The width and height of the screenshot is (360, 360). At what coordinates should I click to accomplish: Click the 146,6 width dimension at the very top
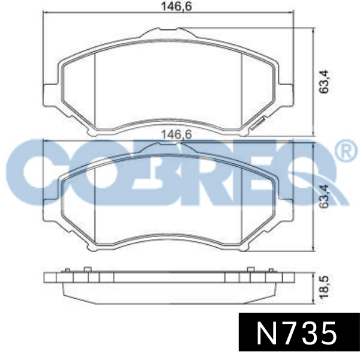(176, 6)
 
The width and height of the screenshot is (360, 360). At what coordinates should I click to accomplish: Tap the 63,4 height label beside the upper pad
(324, 82)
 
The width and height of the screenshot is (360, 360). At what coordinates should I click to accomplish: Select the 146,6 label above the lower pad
(176, 134)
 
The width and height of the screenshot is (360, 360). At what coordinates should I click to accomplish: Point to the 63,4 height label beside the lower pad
(324, 197)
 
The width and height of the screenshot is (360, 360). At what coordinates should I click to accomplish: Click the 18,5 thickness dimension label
(324, 287)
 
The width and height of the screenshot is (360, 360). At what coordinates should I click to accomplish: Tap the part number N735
(296, 333)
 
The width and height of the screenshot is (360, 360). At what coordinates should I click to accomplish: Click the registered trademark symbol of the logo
(347, 151)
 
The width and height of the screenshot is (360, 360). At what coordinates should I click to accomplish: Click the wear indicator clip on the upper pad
(258, 124)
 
